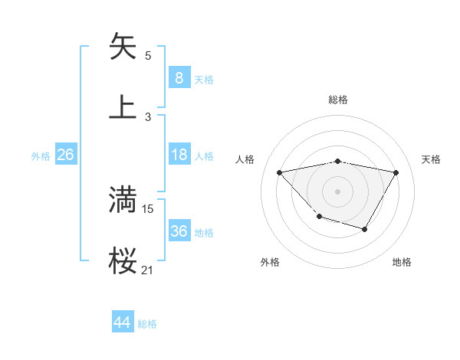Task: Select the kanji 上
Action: click(x=123, y=107)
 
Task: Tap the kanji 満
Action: click(x=123, y=200)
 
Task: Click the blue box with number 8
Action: click(x=179, y=77)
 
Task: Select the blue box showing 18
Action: click(x=179, y=155)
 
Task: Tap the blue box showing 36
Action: click(x=179, y=231)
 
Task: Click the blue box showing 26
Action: click(x=66, y=155)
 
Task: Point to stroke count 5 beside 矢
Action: click(x=148, y=56)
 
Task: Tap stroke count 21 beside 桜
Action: click(x=148, y=270)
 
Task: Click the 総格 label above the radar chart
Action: click(x=338, y=100)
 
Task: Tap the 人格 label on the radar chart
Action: click(x=245, y=159)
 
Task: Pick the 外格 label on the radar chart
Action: click(x=270, y=262)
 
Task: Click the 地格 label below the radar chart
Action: click(x=402, y=262)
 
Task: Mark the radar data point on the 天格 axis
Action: click(x=396, y=172)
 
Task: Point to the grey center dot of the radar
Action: click(x=338, y=191)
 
